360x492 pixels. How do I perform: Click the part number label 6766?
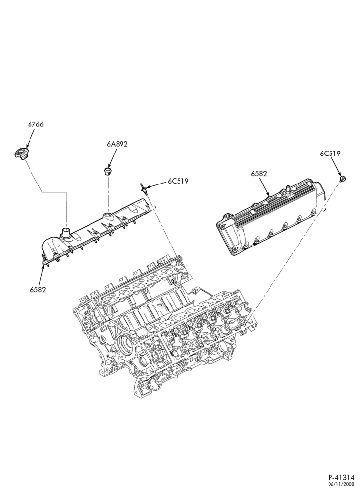click(x=36, y=124)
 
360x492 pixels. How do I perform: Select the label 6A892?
click(x=117, y=144)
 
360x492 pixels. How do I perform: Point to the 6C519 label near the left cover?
click(x=178, y=181)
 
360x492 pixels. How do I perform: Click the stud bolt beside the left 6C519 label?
click(x=143, y=188)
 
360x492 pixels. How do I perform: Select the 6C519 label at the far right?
click(x=330, y=154)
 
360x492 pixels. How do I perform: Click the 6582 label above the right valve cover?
click(x=259, y=174)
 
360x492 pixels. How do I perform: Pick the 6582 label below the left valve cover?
click(x=38, y=290)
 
